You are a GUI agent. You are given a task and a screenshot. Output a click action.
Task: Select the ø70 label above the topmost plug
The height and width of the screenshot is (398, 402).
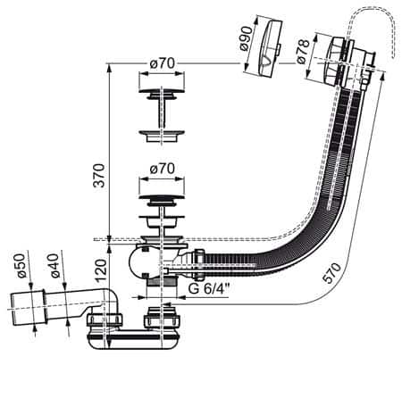tap(162, 65)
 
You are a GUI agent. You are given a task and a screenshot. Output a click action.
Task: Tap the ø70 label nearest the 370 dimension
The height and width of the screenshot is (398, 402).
tap(162, 167)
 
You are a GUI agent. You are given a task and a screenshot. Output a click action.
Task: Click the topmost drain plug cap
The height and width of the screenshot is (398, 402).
tap(162, 90)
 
